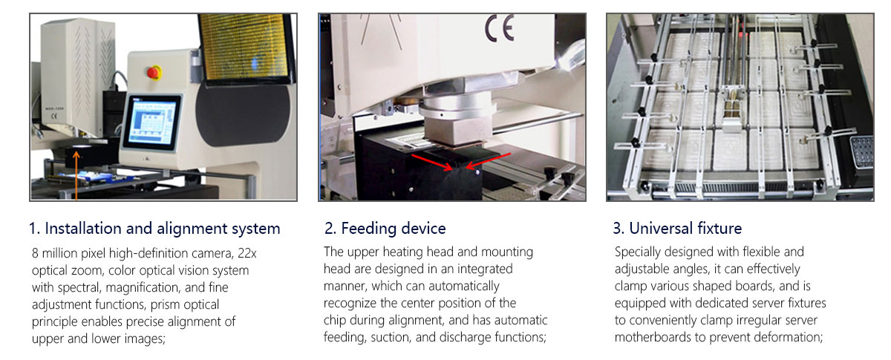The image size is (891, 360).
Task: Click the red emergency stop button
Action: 155,72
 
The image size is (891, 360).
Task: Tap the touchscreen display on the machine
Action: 152,120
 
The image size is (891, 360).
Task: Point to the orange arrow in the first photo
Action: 75,174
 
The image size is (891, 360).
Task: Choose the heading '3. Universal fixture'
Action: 678,228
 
